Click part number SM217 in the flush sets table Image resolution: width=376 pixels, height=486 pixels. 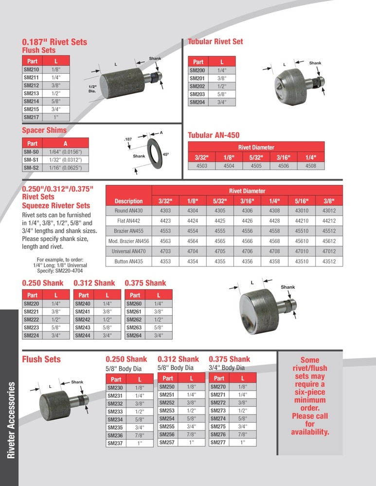pos(32,117)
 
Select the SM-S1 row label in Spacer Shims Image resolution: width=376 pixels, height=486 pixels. pos(32,159)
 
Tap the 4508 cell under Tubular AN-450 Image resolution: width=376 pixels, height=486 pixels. pos(310,166)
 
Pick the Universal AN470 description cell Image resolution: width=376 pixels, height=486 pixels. pos(128,251)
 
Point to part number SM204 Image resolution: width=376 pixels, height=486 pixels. pos(197,103)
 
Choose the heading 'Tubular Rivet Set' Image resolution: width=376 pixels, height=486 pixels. pos(215,42)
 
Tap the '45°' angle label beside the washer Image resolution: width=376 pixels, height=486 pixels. pos(165,155)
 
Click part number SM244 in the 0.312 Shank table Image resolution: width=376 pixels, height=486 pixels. pos(84,335)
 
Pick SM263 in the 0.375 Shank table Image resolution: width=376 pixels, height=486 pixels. pos(135,328)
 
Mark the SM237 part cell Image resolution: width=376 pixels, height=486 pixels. pos(116,443)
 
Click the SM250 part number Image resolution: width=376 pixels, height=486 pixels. pos(168,387)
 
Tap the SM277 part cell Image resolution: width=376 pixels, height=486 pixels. pos(219,443)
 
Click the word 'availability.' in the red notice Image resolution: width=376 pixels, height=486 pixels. pos(310,432)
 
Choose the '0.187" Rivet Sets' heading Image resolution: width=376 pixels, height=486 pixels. pos(54,42)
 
